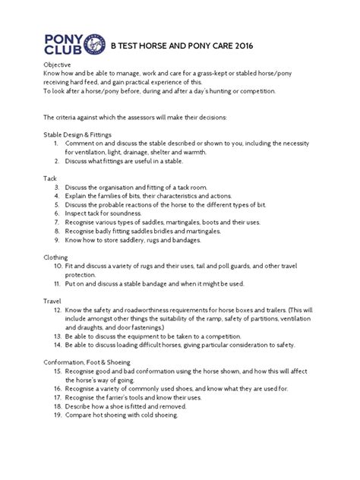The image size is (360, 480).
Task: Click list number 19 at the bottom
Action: point(56,416)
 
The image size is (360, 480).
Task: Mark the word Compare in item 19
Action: point(79,416)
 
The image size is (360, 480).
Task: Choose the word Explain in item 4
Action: point(76,195)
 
